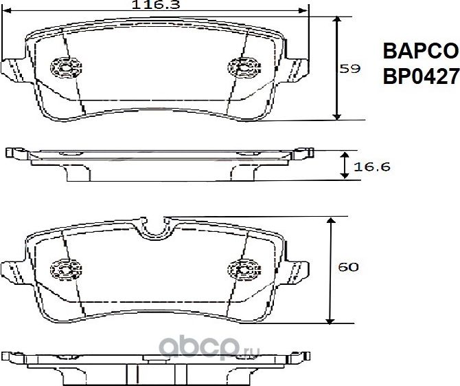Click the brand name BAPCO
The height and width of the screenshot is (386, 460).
pos(419,52)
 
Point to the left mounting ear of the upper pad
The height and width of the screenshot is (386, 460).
pos(14,70)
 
